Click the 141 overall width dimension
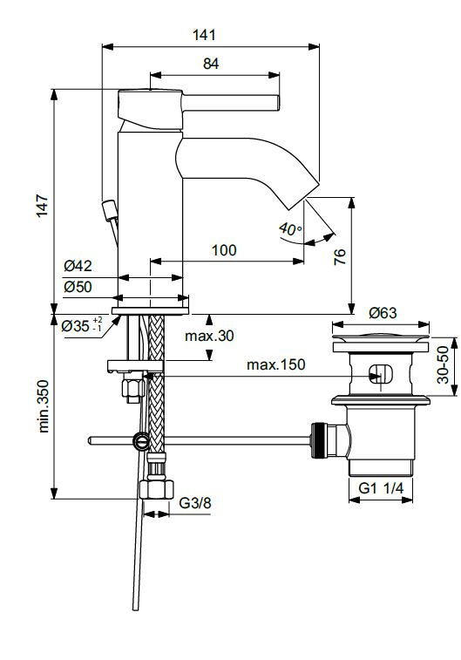point(204,35)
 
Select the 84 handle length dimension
point(211,64)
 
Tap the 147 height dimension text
point(43,206)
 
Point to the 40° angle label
point(290,229)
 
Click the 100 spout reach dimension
point(224,250)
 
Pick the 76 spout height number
point(340,256)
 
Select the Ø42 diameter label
point(78,266)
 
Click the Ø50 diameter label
point(78,287)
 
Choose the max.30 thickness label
point(209,336)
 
